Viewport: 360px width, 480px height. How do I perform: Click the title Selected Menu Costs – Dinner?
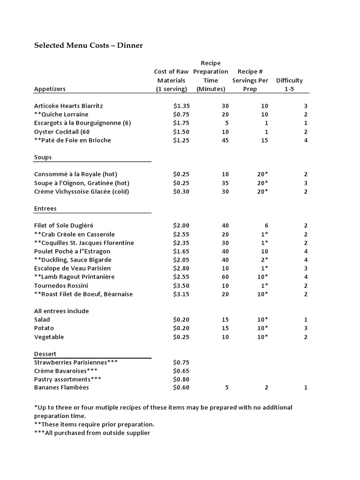pyautogui.click(x=88, y=45)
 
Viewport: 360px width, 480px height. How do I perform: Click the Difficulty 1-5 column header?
pyautogui.click(x=289, y=84)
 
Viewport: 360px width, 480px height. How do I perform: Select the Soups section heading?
pyautogui.click(x=43, y=157)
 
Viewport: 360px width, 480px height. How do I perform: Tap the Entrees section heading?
pyautogui.click(x=45, y=208)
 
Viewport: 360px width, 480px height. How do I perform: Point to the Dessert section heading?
pyautogui.click(x=45, y=353)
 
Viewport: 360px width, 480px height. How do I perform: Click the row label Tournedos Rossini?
pyautogui.click(x=61, y=285)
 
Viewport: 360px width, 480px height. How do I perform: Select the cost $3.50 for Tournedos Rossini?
pyautogui.click(x=181, y=285)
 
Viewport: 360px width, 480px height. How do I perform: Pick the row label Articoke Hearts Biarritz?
pyautogui.click(x=68, y=106)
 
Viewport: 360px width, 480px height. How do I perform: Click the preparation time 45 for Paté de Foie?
pyautogui.click(x=225, y=140)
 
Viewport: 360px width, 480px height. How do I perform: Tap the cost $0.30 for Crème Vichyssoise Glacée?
pyautogui.click(x=181, y=191)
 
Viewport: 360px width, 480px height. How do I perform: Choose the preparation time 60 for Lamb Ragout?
pyautogui.click(x=225, y=277)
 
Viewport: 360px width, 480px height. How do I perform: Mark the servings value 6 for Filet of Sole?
pyautogui.click(x=266, y=225)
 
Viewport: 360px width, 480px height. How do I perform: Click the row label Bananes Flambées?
pyautogui.click(x=61, y=387)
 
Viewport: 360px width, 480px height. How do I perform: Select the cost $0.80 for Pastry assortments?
pyautogui.click(x=181, y=379)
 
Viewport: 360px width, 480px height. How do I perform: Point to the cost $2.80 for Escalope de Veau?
pyautogui.click(x=181, y=268)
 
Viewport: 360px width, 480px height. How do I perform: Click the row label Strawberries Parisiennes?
pyautogui.click(x=76, y=362)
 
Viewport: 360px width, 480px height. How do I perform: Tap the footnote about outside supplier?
pyautogui.click(x=92, y=433)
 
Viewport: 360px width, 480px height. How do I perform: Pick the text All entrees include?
pyautogui.click(x=61, y=311)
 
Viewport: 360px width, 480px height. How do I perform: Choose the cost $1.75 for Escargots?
pyautogui.click(x=181, y=123)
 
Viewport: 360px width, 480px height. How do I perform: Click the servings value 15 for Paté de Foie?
pyautogui.click(x=264, y=140)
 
